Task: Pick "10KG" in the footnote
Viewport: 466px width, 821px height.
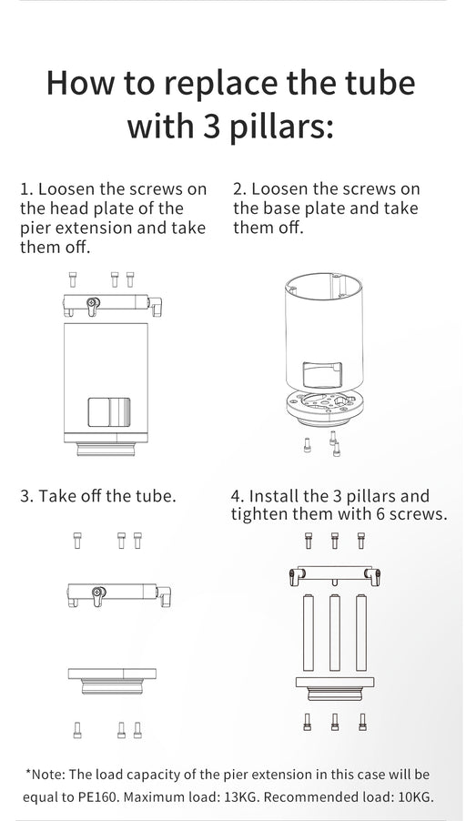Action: tap(417, 798)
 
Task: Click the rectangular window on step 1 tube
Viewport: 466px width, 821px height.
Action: tap(109, 412)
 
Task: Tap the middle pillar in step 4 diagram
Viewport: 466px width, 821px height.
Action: tap(335, 632)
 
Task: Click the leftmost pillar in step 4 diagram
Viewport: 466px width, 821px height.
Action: tap(309, 632)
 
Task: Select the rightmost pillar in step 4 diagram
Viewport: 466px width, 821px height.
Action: tap(361, 632)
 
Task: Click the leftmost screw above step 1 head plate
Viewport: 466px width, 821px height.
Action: tap(72, 279)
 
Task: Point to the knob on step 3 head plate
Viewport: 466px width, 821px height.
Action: tap(97, 595)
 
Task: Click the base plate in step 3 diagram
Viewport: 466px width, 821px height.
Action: tap(112, 681)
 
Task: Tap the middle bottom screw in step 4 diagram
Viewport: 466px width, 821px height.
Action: tap(335, 721)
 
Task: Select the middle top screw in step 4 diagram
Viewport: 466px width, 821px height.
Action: tap(335, 540)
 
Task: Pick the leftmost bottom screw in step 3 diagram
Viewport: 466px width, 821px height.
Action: tap(77, 729)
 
